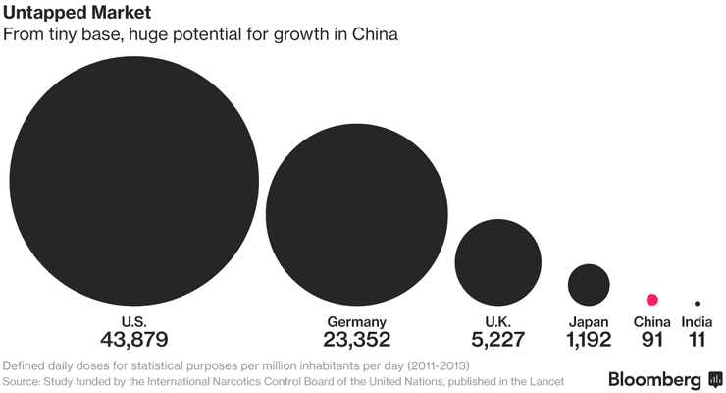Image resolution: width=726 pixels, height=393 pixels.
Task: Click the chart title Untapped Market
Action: point(65,14)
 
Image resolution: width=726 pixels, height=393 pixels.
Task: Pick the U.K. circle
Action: point(498,261)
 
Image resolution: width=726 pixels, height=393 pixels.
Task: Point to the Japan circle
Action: point(589,284)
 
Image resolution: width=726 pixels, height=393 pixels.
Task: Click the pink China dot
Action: point(651,300)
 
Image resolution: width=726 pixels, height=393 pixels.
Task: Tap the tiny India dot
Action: point(697,303)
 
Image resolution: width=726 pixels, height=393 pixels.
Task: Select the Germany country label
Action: point(356,321)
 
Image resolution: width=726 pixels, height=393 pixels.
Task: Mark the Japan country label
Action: point(589,321)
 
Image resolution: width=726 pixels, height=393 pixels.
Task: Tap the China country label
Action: point(651,321)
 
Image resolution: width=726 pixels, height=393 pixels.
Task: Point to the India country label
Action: point(697,321)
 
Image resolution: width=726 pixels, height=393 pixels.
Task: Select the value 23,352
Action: point(356,340)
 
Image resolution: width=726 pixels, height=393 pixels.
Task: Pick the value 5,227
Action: point(498,340)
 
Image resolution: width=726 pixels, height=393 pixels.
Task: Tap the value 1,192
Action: point(589,340)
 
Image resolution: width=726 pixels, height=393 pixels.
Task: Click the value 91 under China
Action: point(651,340)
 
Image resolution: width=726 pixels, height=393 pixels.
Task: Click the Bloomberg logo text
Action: point(654,379)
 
